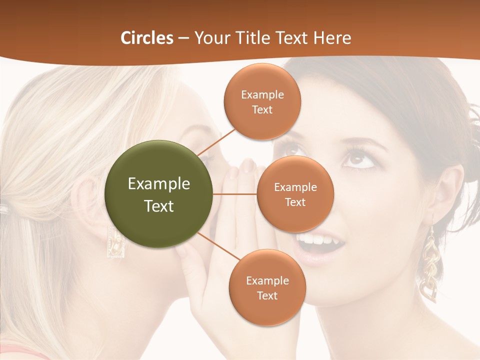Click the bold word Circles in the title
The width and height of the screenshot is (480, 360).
[146, 38]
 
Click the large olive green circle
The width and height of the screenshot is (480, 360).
[159, 194]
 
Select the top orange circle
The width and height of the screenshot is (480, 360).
[262, 101]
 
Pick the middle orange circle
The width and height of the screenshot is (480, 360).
[295, 194]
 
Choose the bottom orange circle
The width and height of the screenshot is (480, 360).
[267, 287]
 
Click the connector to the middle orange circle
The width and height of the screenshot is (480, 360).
[235, 194]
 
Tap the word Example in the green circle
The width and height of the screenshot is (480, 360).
[159, 184]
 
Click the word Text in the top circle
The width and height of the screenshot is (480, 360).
[262, 110]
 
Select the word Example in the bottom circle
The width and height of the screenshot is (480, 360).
[267, 280]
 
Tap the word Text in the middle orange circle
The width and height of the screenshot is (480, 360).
[295, 202]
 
